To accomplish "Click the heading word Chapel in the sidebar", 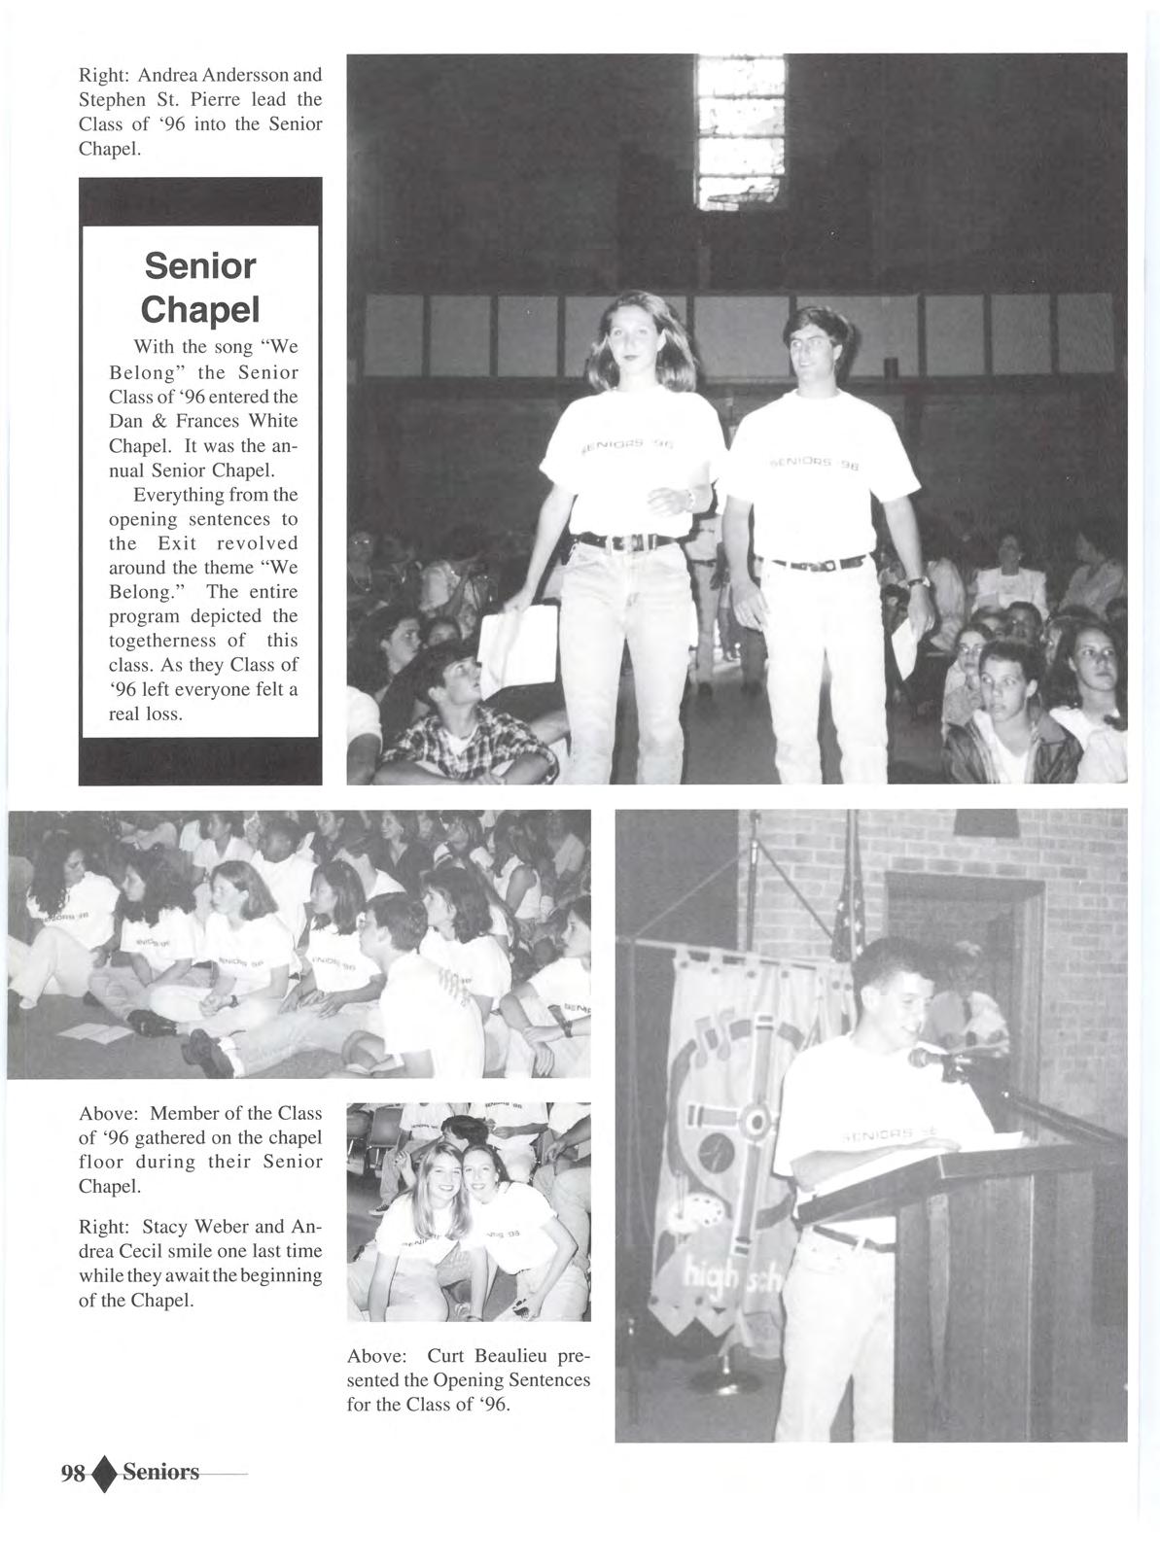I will pos(200,309).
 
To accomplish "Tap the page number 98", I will pos(73,1473).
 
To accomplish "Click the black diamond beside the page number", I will pos(105,1474).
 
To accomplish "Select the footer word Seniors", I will pos(160,1472).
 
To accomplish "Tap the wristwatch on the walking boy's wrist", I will pos(918,582).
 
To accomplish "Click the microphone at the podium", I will pos(924,1058).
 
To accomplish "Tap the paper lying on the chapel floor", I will pos(88,1030).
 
